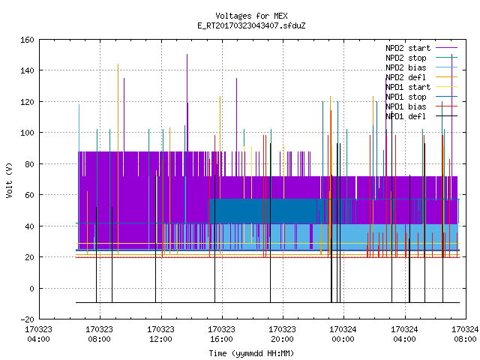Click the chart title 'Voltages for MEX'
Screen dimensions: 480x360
click(x=251, y=16)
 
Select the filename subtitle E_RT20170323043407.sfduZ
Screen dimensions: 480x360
click(x=251, y=25)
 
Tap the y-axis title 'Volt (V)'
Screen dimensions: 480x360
click(x=9, y=180)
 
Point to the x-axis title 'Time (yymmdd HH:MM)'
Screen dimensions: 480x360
click(x=251, y=353)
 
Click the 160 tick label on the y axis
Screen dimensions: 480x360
click(x=27, y=40)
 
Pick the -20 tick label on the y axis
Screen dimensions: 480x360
click(x=27, y=319)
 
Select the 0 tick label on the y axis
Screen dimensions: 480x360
click(x=31, y=288)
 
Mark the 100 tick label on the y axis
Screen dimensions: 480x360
click(x=27, y=133)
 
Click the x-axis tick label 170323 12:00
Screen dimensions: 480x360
click(x=160, y=334)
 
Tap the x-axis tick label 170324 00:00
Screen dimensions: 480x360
click(x=343, y=334)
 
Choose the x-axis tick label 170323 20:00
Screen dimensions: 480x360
click(x=282, y=334)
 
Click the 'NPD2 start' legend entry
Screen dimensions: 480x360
click(x=421, y=48)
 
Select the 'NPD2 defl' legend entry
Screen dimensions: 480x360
click(x=421, y=77)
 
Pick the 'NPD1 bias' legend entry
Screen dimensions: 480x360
click(x=421, y=106)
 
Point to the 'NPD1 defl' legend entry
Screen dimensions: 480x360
click(x=421, y=116)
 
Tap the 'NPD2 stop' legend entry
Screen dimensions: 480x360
click(x=421, y=58)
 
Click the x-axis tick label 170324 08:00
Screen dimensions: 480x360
click(x=465, y=334)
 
